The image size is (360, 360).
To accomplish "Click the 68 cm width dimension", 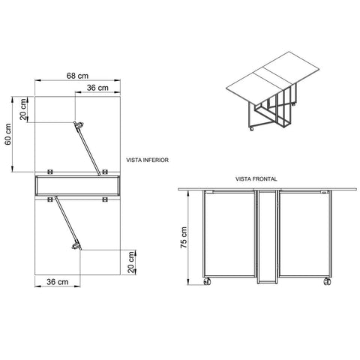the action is pyautogui.click(x=77, y=76).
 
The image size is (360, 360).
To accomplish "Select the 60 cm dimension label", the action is pyautogui.click(x=8, y=134).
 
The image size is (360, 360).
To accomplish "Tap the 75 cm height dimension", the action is pyautogui.click(x=184, y=237).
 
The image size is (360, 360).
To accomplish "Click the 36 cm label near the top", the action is pyautogui.click(x=97, y=88).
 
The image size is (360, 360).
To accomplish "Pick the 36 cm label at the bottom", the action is pyautogui.click(x=58, y=282).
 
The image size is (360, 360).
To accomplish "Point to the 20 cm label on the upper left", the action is pyautogui.click(x=23, y=109).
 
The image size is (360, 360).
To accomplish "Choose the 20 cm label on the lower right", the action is pyautogui.click(x=131, y=262).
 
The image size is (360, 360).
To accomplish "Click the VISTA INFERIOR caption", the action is pyautogui.click(x=147, y=160).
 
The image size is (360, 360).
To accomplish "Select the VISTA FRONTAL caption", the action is pyautogui.click(x=256, y=179).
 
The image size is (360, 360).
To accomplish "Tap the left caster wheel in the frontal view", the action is pyautogui.click(x=207, y=282).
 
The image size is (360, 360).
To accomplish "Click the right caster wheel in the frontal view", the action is pyautogui.click(x=327, y=282).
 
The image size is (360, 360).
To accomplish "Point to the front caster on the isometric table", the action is pyautogui.click(x=252, y=129).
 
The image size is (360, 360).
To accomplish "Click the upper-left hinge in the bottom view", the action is pyautogui.click(x=50, y=172).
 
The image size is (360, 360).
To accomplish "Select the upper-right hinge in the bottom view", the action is pyautogui.click(x=105, y=172).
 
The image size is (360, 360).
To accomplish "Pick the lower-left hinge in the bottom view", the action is pyautogui.click(x=50, y=199).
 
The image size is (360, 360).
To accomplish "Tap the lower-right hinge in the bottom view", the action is pyautogui.click(x=105, y=199).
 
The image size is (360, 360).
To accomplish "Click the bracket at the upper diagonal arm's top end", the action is pyautogui.click(x=79, y=124).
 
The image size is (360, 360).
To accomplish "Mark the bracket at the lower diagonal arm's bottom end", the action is pyautogui.click(x=76, y=246).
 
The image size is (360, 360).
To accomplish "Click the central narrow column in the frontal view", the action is pyautogui.click(x=267, y=237).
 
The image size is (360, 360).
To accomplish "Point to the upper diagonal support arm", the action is pyautogui.click(x=87, y=148).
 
